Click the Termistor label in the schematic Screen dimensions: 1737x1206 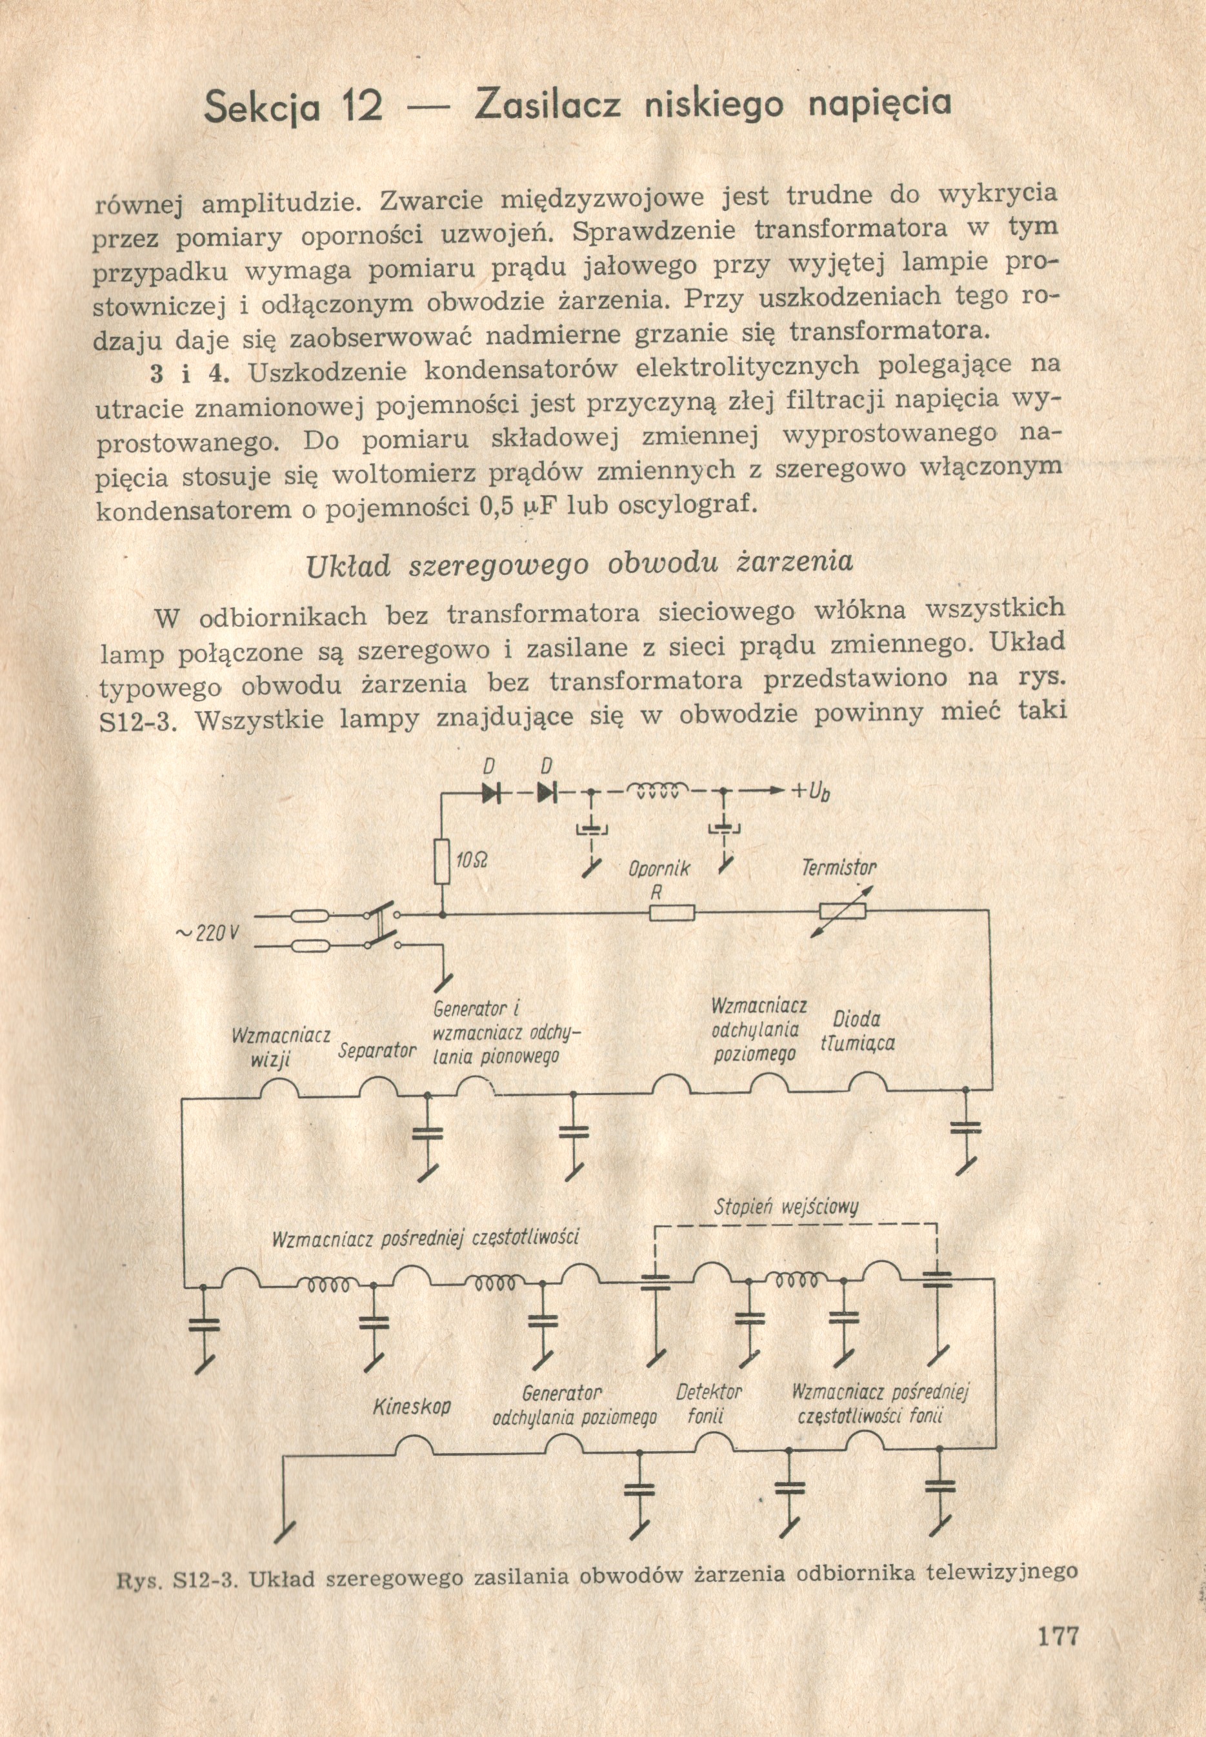tap(838, 868)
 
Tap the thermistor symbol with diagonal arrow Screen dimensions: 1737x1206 tap(843, 912)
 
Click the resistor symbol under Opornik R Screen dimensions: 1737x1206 tap(672, 913)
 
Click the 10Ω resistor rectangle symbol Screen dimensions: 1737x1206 tap(443, 861)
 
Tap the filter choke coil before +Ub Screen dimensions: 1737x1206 tap(657, 790)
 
